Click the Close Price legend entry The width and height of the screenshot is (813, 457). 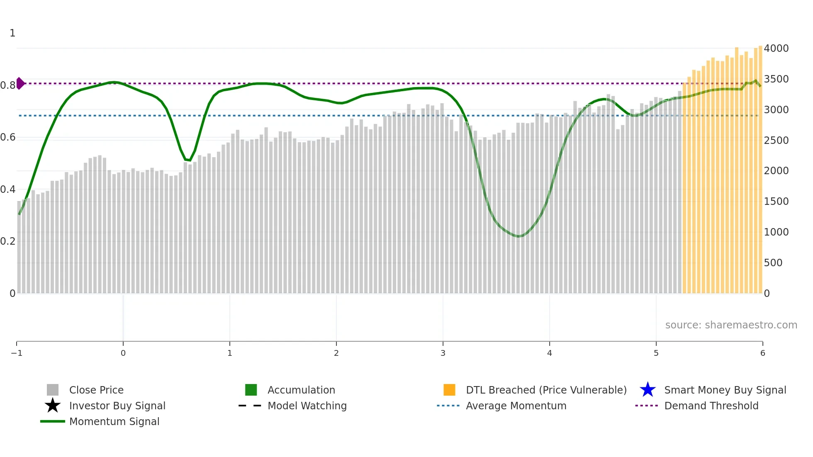click(96, 390)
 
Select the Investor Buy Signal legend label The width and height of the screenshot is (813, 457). click(117, 406)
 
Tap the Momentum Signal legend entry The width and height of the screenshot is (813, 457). click(114, 421)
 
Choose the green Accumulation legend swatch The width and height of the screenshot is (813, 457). click(251, 390)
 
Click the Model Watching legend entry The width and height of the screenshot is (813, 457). click(307, 406)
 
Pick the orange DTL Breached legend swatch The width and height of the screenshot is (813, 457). click(449, 390)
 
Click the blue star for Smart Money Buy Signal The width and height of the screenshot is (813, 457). click(647, 390)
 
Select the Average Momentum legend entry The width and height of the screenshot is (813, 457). click(516, 406)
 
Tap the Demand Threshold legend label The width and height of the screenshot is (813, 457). click(711, 406)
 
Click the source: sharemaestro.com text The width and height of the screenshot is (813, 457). click(731, 325)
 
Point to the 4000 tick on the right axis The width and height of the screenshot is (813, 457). click(776, 49)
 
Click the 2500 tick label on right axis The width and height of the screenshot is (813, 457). click(776, 140)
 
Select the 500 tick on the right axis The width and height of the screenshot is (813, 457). click(773, 263)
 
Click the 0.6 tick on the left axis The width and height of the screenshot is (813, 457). click(8, 137)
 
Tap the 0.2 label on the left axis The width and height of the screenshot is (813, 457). click(8, 241)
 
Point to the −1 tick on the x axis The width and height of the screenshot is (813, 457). click(17, 353)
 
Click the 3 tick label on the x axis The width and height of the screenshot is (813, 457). click(443, 353)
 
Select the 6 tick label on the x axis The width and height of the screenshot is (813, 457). click(762, 353)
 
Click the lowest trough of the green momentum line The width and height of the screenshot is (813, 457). click(518, 236)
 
